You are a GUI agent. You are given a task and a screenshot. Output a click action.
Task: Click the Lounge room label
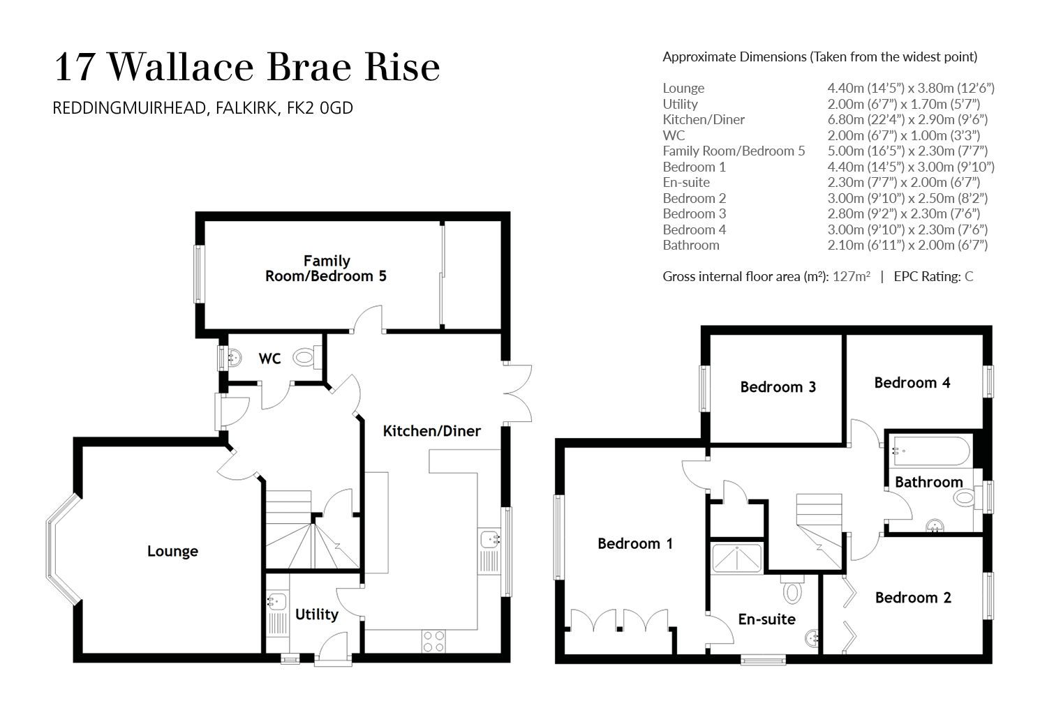coord(172,552)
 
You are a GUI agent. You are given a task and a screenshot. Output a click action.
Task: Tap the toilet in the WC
coord(305,358)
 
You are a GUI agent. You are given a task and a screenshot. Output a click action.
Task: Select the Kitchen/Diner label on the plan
coord(431,431)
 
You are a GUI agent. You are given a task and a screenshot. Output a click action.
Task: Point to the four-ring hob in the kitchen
coord(433,641)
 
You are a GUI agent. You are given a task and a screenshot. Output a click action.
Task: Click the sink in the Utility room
coord(276,601)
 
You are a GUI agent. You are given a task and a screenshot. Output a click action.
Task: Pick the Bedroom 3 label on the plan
coord(778,386)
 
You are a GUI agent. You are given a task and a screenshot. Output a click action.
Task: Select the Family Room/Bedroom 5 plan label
coord(326,269)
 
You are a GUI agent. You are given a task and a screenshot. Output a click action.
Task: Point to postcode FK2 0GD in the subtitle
coord(320,108)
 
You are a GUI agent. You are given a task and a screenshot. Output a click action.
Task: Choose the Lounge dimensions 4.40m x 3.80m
coord(910,88)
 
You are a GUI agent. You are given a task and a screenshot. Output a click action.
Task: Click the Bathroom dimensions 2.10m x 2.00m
coord(907,245)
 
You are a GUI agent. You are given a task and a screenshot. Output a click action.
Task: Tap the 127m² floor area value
coord(851,276)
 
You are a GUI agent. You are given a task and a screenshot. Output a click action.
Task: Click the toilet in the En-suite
coord(792,592)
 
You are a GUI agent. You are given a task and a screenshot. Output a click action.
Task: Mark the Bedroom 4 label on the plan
coord(912,382)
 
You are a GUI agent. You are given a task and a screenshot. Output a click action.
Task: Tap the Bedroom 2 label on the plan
coord(912,598)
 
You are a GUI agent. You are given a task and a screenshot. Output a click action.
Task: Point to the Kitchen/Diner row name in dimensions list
coord(703,119)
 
